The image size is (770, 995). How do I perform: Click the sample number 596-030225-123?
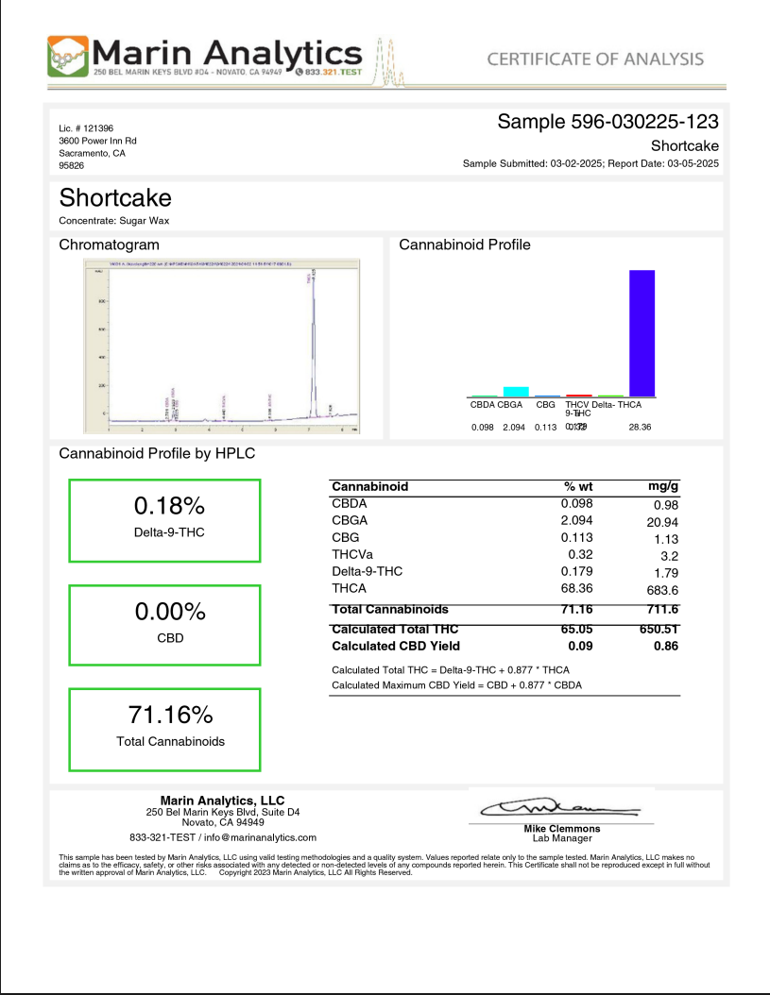pyautogui.click(x=607, y=122)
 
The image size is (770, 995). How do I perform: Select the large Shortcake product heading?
pyautogui.click(x=115, y=198)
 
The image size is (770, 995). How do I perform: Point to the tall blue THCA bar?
pyautogui.click(x=642, y=332)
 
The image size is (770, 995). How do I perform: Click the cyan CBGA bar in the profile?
pyautogui.click(x=515, y=391)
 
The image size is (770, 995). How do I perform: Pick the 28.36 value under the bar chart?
pyautogui.click(x=640, y=428)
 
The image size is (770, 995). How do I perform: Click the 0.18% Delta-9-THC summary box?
pyautogui.click(x=165, y=521)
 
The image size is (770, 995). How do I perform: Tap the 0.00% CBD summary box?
pyautogui.click(x=165, y=627)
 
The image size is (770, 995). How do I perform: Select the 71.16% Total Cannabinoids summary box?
pyautogui.click(x=165, y=730)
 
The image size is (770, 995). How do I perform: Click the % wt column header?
pyautogui.click(x=577, y=486)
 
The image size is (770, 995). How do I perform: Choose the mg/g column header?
pyautogui.click(x=663, y=486)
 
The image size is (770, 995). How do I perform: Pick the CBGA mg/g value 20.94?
pyautogui.click(x=662, y=521)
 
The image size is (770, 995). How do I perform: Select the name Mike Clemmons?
pyautogui.click(x=561, y=829)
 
